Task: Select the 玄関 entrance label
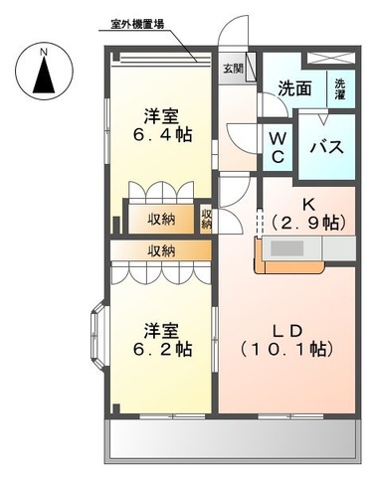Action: [231, 69]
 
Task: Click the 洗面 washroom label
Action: [294, 87]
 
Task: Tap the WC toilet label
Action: [278, 147]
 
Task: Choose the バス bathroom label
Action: [325, 148]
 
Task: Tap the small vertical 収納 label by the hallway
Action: [207, 218]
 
